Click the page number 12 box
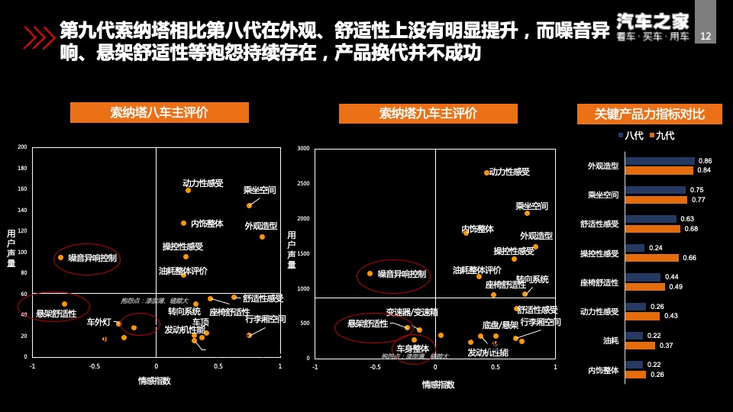tap(705, 36)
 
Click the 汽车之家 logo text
tap(653, 21)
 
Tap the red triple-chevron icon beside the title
tap(39, 37)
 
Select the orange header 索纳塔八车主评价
tap(160, 113)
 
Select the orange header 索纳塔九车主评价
tap(428, 114)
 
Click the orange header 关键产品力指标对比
tap(650, 114)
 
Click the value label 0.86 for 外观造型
tap(705, 161)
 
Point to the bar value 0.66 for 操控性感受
tap(689, 258)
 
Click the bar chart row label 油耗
tap(611, 340)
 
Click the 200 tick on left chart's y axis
tap(22, 147)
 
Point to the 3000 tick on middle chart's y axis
tap(303, 149)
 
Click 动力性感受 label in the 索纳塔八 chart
tap(203, 183)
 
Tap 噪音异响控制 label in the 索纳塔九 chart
tap(402, 273)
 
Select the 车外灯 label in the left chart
tap(98, 322)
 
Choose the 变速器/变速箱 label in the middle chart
tap(412, 312)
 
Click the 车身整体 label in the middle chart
tap(412, 349)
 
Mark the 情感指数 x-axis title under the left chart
tap(154, 381)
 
